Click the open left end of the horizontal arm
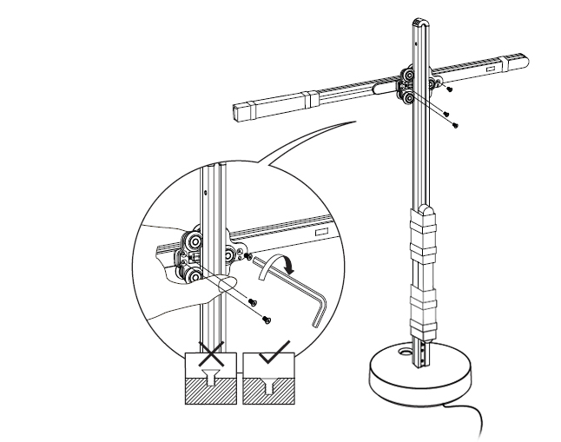pos(241,110)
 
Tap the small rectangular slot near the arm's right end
pos(492,66)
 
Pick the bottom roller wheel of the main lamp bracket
pos(406,103)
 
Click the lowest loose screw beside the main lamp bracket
pos(455,124)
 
